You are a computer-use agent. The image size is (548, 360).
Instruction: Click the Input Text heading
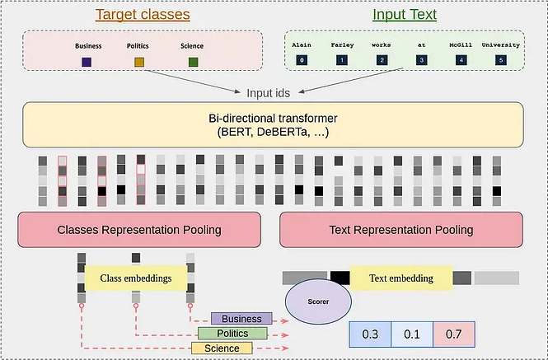pos(405,15)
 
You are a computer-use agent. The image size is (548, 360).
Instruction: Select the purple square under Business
pos(87,63)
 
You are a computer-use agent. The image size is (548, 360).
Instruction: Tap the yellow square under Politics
pos(139,63)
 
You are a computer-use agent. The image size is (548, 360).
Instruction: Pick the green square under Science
pos(193,63)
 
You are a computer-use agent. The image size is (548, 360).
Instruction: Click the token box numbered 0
pos(302,59)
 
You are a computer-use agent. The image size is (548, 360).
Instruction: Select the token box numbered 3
pos(421,59)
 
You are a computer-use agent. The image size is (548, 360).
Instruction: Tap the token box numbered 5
pos(499,59)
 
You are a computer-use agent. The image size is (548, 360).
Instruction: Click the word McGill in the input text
pos(461,45)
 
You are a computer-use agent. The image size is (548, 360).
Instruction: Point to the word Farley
pos(341,45)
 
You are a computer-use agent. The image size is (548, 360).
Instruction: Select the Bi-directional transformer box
pos(273,124)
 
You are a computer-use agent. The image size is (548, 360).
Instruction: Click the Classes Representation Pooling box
pos(138,229)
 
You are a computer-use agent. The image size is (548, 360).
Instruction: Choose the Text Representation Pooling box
pos(402,229)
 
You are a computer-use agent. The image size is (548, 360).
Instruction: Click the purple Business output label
pos(241,319)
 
